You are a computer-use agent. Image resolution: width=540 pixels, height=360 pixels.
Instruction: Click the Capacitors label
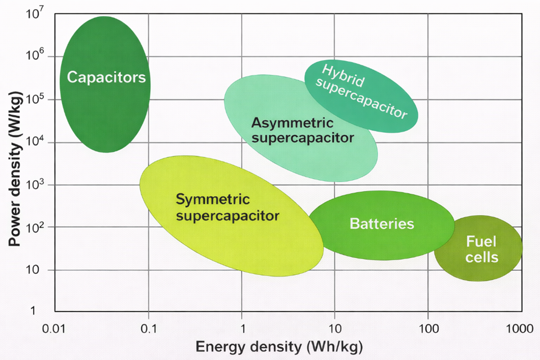[x=106, y=78]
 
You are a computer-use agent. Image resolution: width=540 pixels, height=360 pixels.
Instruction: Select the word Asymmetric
[x=293, y=123]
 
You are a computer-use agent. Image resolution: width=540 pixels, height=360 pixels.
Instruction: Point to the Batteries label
[x=382, y=224]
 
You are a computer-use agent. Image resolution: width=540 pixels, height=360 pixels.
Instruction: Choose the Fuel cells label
[x=481, y=249]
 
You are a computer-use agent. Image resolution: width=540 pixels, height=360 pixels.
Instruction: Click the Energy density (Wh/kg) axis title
[x=279, y=347]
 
